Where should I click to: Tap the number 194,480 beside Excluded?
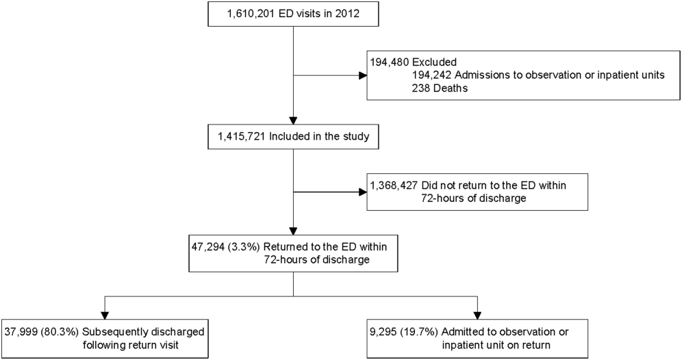click(389, 62)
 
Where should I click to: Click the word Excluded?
click(434, 62)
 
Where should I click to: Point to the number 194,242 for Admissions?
click(431, 75)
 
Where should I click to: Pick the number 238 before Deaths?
click(421, 88)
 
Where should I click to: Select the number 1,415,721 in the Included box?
click(241, 136)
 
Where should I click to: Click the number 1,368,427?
click(393, 185)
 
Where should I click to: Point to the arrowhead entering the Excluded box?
click(363, 75)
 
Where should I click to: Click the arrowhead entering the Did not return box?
click(363, 192)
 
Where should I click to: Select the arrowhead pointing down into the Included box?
click(294, 120)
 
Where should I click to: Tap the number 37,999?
click(21, 332)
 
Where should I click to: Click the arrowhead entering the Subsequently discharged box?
click(104, 316)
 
